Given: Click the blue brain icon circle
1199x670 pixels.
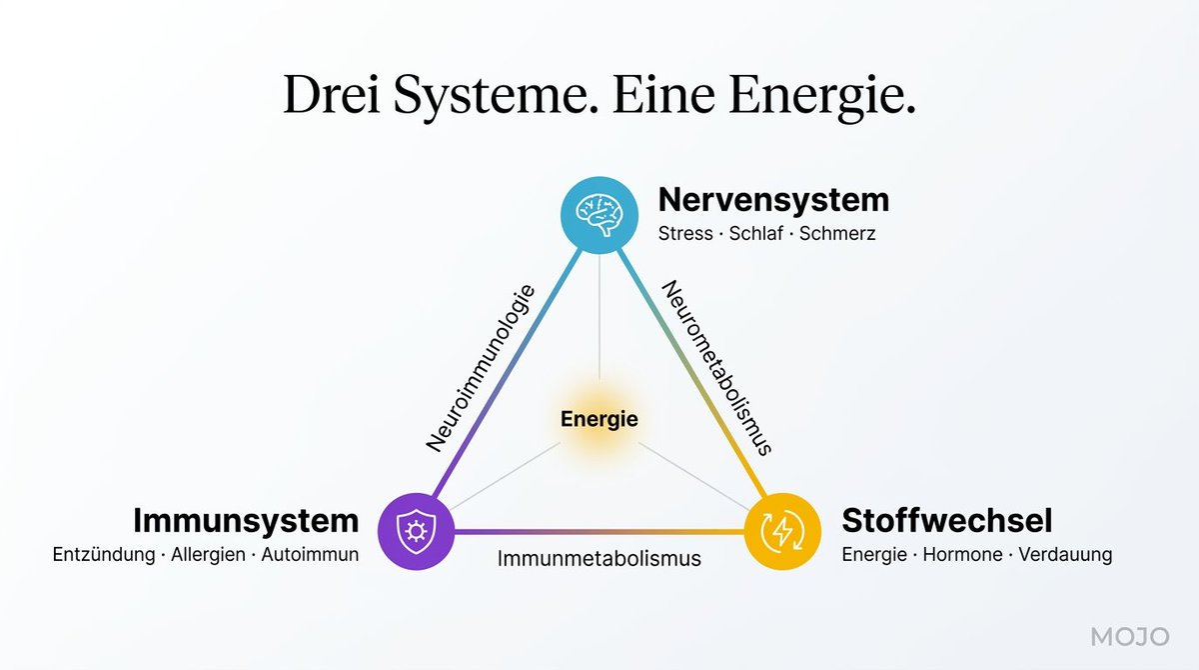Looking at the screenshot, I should (599, 214).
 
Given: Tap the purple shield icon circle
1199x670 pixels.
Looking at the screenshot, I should (416, 530).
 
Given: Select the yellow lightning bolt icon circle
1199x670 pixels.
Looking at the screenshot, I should (782, 530).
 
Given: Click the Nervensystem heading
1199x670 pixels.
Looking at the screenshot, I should (773, 199).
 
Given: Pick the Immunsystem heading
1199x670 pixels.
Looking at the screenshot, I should (245, 521).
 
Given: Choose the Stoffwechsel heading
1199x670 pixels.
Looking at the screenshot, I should (946, 521).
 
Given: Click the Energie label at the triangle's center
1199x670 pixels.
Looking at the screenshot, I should (599, 420).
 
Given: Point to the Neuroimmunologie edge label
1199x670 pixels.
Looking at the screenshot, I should (481, 368).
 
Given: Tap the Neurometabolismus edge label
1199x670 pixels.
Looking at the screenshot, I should (717, 367).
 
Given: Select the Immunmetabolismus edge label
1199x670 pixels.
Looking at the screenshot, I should (599, 558).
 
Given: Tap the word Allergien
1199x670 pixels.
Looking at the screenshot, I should (206, 555).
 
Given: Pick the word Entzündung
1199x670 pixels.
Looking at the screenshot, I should (102, 555).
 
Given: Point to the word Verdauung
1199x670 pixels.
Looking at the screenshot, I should (1065, 555).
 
